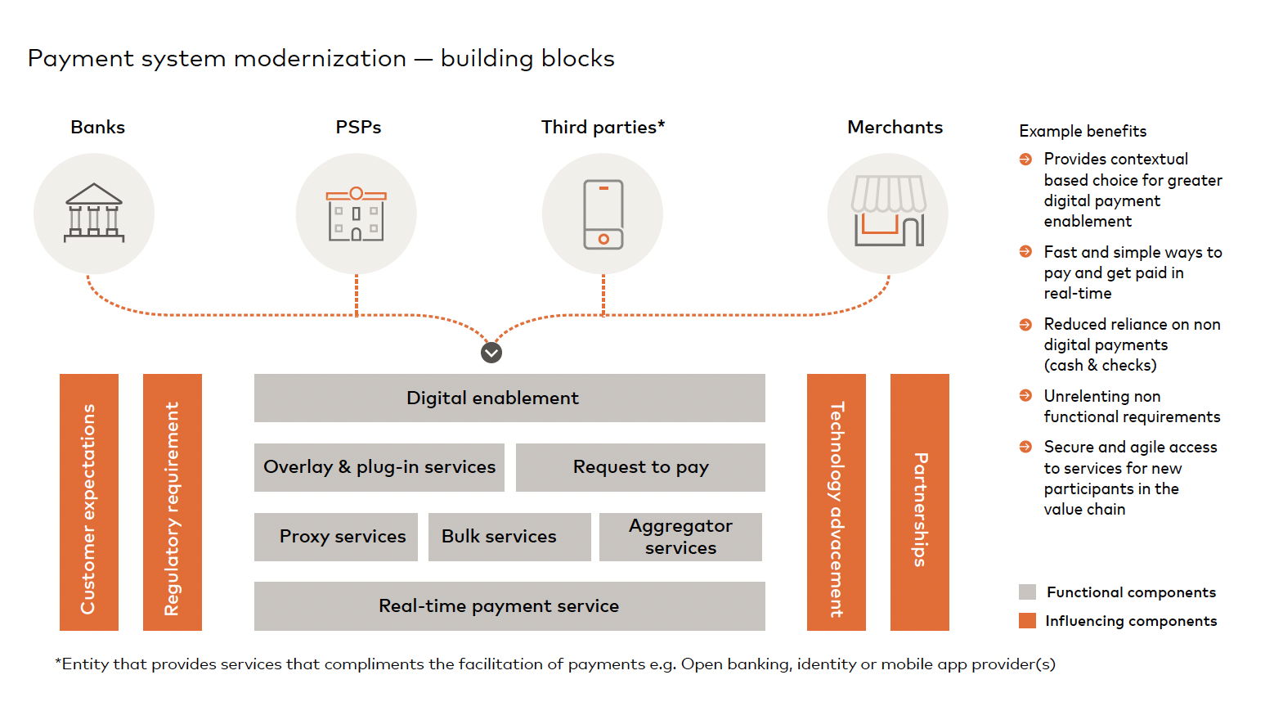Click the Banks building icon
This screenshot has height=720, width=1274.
point(94,214)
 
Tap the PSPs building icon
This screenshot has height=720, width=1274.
point(357,214)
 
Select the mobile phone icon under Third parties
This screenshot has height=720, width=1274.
point(603,214)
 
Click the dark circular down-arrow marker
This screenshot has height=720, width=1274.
point(491,353)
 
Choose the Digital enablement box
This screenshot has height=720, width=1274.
point(509,398)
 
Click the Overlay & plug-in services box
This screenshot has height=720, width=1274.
point(379,467)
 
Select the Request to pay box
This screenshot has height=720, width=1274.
point(640,467)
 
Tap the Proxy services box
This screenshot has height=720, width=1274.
point(336,537)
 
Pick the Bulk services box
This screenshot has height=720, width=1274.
point(509,537)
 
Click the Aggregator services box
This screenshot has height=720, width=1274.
point(680,537)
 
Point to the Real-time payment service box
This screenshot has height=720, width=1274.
point(509,606)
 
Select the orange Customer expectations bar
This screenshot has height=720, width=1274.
point(89,502)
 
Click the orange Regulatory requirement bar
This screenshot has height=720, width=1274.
point(173,502)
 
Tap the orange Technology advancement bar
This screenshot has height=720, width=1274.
point(837,502)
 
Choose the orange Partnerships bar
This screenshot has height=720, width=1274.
point(920,502)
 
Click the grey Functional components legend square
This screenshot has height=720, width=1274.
point(1028,592)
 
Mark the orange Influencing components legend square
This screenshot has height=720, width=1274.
point(1028,621)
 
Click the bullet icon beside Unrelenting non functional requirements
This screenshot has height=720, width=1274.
point(1026,396)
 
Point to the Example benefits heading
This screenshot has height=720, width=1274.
point(1083,132)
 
